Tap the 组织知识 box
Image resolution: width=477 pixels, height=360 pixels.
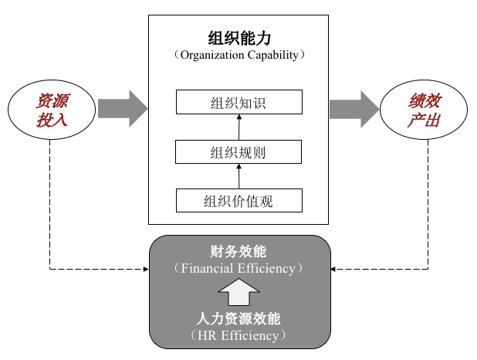click(238, 102)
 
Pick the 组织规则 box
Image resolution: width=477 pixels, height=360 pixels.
click(238, 151)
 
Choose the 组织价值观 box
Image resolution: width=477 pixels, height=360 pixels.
click(238, 201)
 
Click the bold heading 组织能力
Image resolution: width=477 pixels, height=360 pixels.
click(239, 38)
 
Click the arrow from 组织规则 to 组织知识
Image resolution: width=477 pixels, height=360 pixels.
click(239, 127)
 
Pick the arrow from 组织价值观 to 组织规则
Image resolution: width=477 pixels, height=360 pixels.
click(239, 176)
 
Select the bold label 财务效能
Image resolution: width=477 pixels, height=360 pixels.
click(239, 252)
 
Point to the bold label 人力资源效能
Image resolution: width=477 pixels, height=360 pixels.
click(239, 318)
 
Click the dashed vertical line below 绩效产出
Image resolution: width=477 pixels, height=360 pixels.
click(428, 201)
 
